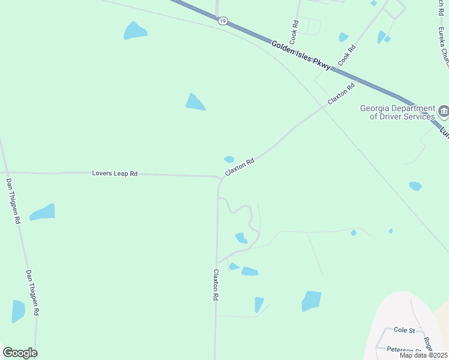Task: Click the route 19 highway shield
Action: tap(223, 20)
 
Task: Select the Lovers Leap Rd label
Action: tap(115, 173)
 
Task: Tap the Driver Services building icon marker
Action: tap(444, 111)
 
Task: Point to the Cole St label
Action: tap(405, 330)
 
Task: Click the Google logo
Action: tap(20, 353)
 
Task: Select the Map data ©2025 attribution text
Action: tap(423, 355)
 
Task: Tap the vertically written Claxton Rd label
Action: tap(215, 284)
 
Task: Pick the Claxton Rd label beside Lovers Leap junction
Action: tap(240, 167)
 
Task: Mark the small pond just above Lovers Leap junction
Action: tap(229, 159)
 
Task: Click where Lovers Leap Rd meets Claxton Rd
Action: tap(218, 177)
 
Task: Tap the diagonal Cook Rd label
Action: tap(346, 55)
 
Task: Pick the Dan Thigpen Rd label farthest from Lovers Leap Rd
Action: tap(32, 292)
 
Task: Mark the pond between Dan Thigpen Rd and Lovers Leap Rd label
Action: tap(43, 212)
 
